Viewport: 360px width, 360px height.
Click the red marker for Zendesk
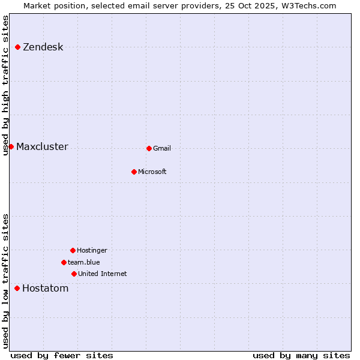18,47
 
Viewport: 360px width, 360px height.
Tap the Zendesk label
43,47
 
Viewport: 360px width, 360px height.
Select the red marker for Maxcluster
11,146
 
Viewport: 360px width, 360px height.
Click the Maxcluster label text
42,147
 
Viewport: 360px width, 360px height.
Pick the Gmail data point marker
149,148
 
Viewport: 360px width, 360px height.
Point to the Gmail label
162,149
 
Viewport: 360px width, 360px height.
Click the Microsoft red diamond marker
134,172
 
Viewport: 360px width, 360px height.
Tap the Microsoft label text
152,172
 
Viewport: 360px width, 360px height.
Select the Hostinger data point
73,250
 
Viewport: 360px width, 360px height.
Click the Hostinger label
92,251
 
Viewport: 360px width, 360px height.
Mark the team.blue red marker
64,262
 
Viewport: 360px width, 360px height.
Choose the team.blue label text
84,262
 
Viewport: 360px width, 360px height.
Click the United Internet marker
74,274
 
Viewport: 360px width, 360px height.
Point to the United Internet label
102,274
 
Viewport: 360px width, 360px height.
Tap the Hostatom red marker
17,288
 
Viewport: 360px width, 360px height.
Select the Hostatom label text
45,289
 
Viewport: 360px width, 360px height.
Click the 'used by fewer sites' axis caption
62,356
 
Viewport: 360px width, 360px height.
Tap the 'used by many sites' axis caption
301,356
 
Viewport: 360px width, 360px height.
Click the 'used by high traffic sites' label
6,85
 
